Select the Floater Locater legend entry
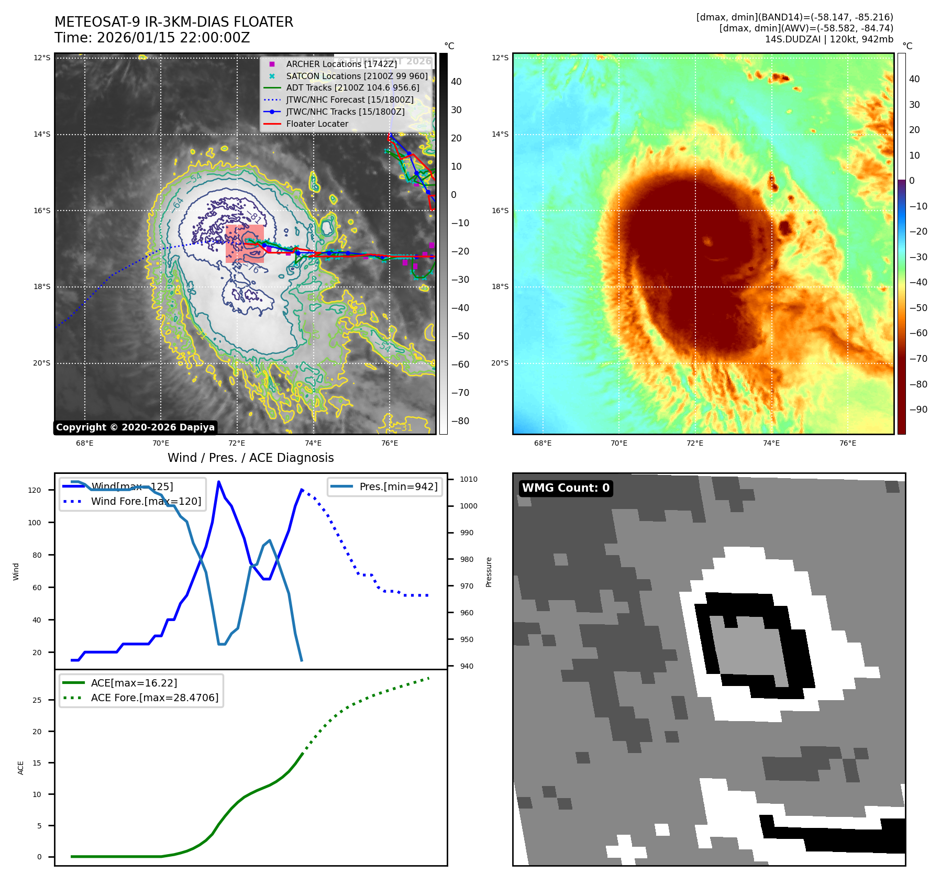tap(317, 124)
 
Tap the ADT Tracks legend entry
tap(352, 88)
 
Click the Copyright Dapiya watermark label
tap(135, 427)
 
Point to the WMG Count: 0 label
tap(566, 488)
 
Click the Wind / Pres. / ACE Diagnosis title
tap(250, 458)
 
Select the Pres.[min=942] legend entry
tap(398, 486)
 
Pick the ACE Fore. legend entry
tap(154, 698)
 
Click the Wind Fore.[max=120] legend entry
tap(146, 501)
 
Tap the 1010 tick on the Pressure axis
tap(469, 479)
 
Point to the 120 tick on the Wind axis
tap(35, 490)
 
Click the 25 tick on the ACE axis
tap(37, 700)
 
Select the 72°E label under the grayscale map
tap(237, 443)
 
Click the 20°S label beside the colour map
tap(500, 363)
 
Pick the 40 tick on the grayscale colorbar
tap(456, 82)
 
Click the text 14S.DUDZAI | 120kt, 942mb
tap(829, 39)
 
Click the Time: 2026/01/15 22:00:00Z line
tap(152, 38)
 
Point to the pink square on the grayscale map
tap(245, 244)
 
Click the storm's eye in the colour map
tap(708, 241)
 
